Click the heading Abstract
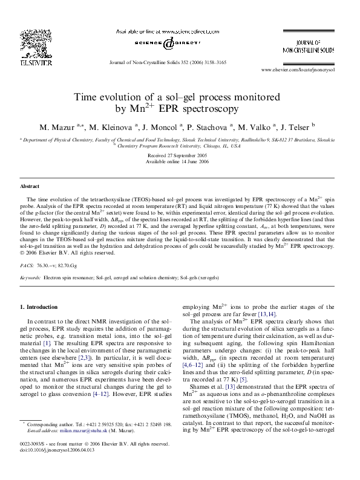(x=30, y=187)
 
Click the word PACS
(x=27, y=265)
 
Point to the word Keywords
(x=31, y=277)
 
